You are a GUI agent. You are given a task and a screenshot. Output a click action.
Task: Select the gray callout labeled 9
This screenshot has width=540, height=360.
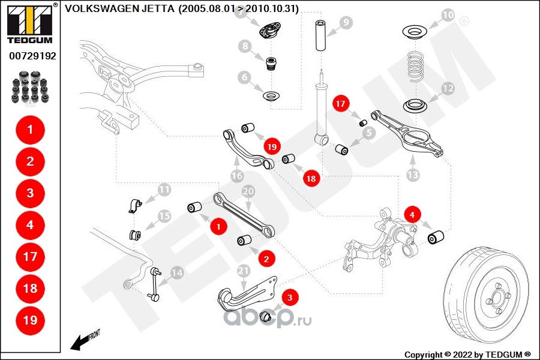coord(346,23)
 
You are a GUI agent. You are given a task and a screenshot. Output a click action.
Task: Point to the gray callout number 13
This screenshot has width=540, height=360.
coord(413,176)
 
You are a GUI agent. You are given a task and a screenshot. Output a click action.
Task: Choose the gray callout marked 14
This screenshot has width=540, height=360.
coord(176,272)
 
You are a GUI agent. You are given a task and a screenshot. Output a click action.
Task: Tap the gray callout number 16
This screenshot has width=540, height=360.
coord(237,176)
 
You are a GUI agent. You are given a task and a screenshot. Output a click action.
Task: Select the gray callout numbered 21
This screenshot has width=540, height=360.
coord(243,271)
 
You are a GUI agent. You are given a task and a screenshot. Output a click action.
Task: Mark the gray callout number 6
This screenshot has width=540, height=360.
coord(244,77)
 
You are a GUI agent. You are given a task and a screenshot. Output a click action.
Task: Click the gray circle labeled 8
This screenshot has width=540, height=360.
coord(244,46)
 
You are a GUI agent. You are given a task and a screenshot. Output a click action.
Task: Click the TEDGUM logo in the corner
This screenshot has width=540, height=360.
coord(29,23)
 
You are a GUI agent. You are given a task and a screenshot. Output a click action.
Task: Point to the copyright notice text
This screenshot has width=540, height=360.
coord(467,354)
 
